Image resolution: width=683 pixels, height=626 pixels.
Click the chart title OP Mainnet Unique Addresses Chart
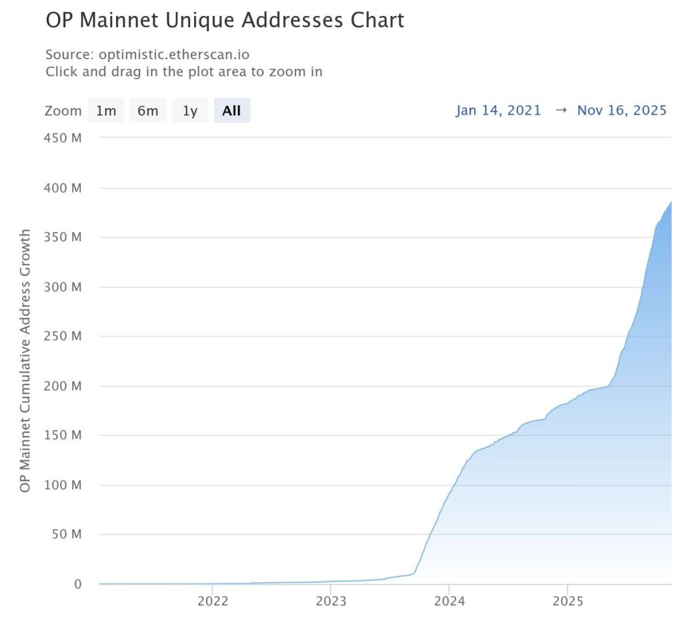[x=225, y=21]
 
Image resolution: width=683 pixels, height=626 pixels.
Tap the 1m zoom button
[x=105, y=111]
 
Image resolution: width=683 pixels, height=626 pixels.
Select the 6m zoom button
[x=147, y=111]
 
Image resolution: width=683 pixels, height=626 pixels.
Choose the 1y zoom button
[x=190, y=111]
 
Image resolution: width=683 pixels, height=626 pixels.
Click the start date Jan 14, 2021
[x=498, y=110]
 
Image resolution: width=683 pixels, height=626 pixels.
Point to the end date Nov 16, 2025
[x=622, y=110]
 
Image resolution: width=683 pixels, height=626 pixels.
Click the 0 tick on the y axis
[x=77, y=584]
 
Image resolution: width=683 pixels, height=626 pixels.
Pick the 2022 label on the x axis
[x=213, y=601]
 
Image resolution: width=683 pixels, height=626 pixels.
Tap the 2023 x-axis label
[x=331, y=601]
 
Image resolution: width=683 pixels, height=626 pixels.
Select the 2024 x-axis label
[x=449, y=601]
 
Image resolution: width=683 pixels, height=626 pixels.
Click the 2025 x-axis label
[x=567, y=601]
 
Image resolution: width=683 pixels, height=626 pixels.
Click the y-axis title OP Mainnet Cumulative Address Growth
[x=25, y=361]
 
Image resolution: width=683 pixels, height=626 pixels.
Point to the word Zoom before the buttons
[x=63, y=111]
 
